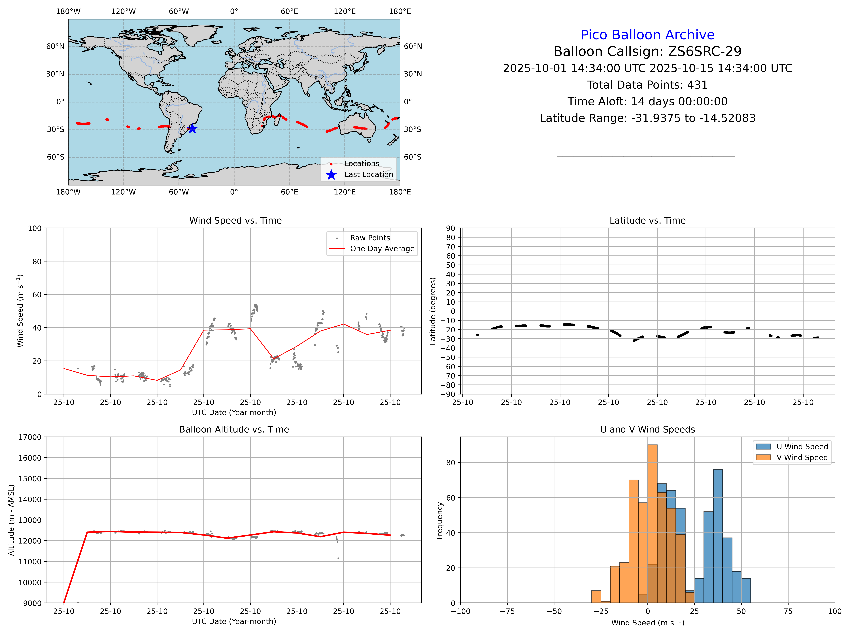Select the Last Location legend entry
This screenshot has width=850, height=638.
(368, 175)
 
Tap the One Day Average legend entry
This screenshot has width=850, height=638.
(382, 249)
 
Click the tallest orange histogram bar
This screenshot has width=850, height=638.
(652, 523)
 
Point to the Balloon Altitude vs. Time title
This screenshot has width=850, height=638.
(234, 430)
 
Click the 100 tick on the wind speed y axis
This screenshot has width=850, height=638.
(35, 228)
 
